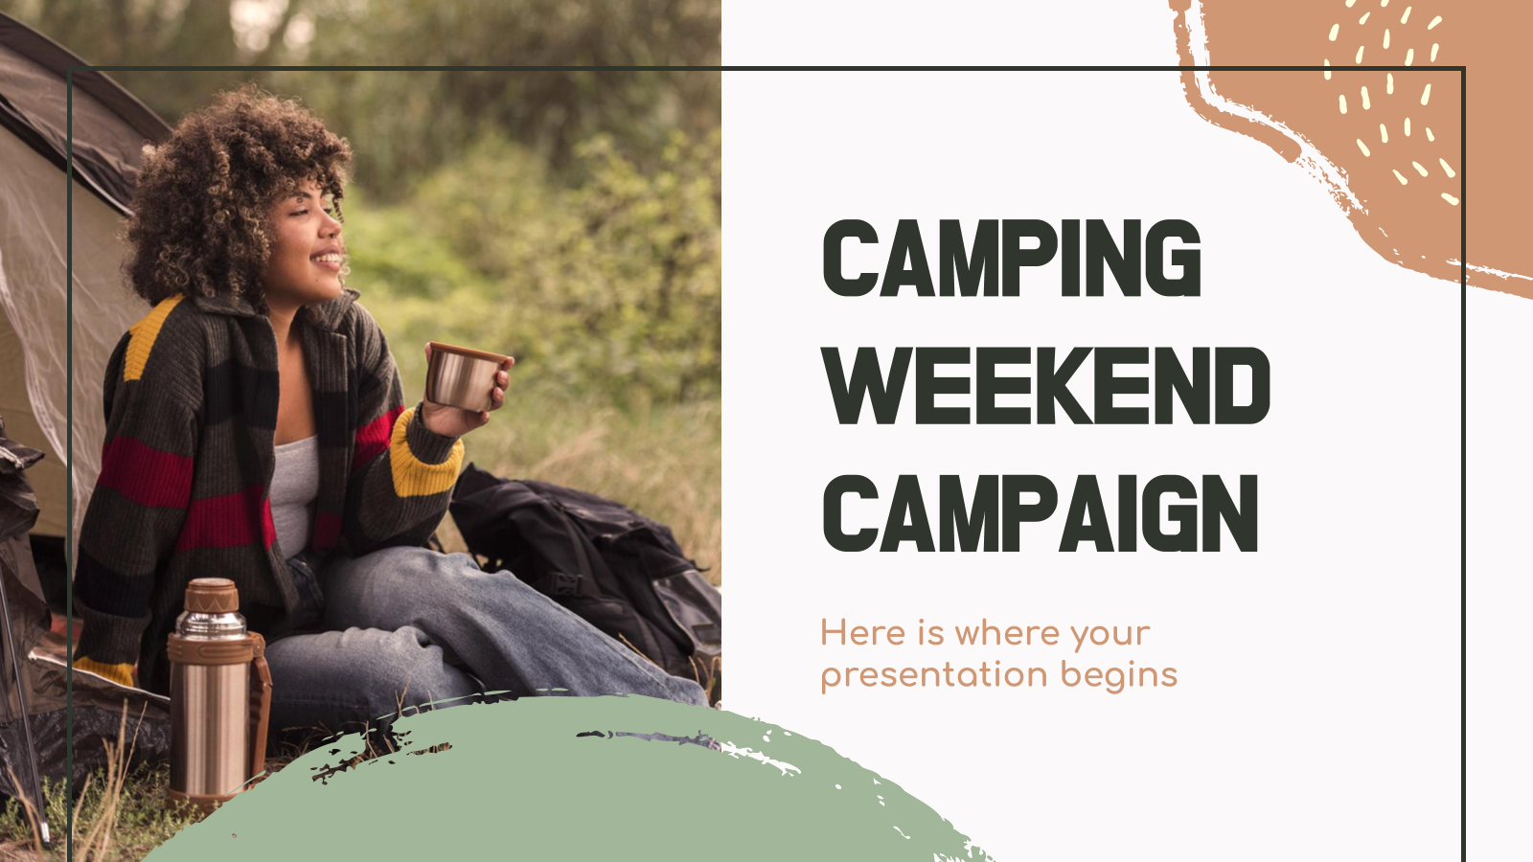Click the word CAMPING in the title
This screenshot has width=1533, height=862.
point(1012,258)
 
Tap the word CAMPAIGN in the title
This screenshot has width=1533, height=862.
point(1041,513)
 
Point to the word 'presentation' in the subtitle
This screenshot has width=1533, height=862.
point(934,675)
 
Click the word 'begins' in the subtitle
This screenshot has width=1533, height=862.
point(1119,674)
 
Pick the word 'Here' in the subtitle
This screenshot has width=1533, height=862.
point(863,633)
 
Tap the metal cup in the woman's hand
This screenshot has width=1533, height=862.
point(466,377)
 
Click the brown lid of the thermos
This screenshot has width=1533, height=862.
point(211,595)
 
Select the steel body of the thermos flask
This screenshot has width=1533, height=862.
point(210,725)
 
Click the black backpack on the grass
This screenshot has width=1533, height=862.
point(582,568)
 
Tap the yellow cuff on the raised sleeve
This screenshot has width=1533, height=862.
point(424,455)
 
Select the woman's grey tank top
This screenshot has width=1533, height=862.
point(294,492)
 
